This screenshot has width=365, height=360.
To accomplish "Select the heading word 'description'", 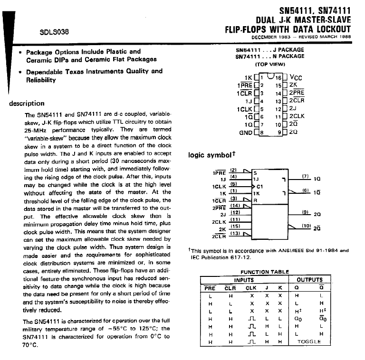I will (27, 104).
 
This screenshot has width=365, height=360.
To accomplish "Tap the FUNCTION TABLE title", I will (264, 272).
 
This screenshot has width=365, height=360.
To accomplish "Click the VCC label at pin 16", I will (296, 78).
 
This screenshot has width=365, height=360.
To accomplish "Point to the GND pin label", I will (245, 132).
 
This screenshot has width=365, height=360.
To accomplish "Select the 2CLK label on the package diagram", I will (297, 116).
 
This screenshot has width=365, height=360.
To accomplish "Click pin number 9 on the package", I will (279, 132).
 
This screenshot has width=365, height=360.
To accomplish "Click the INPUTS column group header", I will (244, 280).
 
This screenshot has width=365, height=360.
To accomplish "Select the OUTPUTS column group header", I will (309, 280).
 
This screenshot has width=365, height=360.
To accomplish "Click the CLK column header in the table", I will (250, 288).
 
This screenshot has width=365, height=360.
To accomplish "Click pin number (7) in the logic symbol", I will (306, 176).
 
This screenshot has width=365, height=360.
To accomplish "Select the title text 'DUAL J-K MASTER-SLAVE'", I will (303, 20).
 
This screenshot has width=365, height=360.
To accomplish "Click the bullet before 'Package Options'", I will (19, 52).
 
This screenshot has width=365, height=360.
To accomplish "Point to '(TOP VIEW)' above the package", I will (269, 64).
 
